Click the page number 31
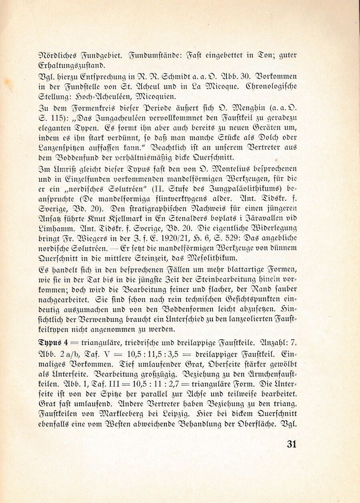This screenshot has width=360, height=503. [x=291, y=444]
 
